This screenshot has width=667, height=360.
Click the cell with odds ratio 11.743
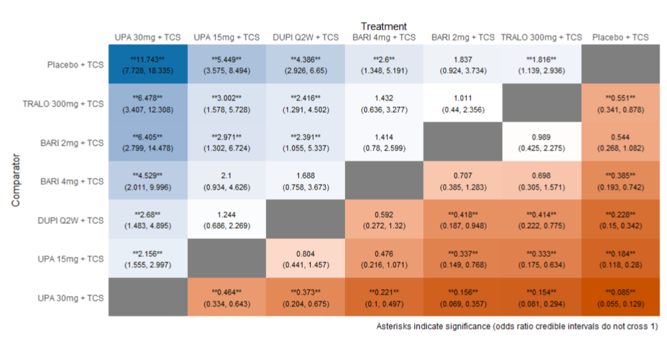(148, 64)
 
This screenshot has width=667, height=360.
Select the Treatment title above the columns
(383, 26)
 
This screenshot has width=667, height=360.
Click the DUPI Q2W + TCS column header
(306, 37)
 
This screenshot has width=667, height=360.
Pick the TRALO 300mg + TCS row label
(63, 104)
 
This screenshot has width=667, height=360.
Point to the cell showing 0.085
(620, 297)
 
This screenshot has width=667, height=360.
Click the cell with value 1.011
(463, 103)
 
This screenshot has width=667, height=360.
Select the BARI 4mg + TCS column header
(384, 37)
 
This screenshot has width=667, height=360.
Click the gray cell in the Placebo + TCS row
(620, 64)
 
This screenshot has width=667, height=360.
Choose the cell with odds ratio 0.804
(306, 259)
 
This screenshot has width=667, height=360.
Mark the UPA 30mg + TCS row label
(71, 298)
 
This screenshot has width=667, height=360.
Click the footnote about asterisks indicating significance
(517, 326)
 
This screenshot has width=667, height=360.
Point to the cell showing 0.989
(542, 142)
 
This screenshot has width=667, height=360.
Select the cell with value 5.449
(227, 64)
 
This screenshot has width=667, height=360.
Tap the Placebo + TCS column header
(620, 37)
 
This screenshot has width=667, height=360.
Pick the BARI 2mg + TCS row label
(72, 143)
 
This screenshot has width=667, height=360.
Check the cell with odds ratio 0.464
(227, 297)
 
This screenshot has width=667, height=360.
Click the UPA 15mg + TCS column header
(227, 37)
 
